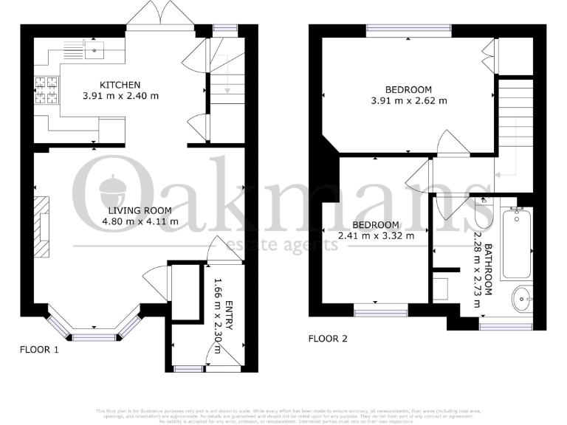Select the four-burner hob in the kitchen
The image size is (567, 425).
click(46, 90)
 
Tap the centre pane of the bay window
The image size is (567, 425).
click(94, 337)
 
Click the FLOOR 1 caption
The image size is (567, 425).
click(39, 350)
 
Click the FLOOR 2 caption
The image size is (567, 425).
click(328, 339)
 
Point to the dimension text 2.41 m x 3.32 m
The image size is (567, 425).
click(376, 236)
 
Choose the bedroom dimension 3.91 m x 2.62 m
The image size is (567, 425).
click(409, 100)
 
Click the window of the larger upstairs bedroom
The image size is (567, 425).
click(409, 30)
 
